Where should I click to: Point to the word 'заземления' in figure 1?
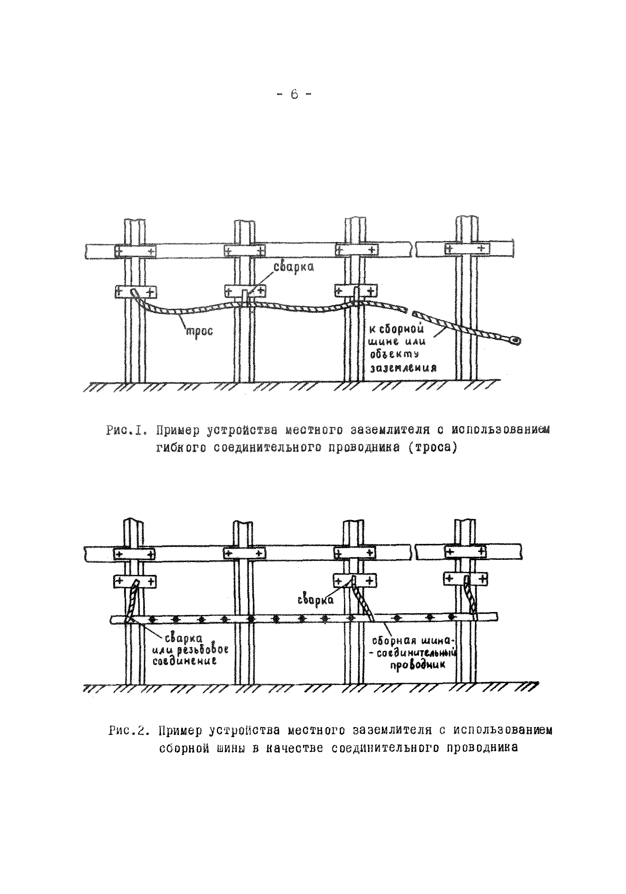[403, 368]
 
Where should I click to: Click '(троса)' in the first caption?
[432, 448]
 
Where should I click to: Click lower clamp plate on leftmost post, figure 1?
[135, 291]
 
